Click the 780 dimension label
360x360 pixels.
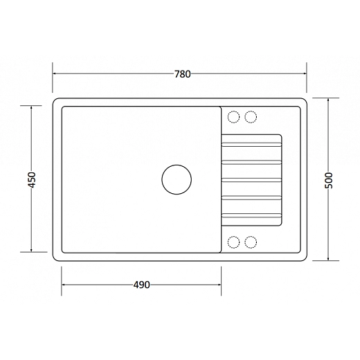(182, 74)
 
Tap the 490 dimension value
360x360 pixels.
(141, 285)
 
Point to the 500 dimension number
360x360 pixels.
(329, 181)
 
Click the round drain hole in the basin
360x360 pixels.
(177, 179)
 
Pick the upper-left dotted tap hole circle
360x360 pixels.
(233, 117)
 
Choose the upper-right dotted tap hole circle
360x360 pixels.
(251, 117)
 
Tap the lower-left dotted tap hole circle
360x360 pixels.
(233, 242)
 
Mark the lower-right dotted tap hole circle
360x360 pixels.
(251, 242)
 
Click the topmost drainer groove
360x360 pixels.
(251, 145)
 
